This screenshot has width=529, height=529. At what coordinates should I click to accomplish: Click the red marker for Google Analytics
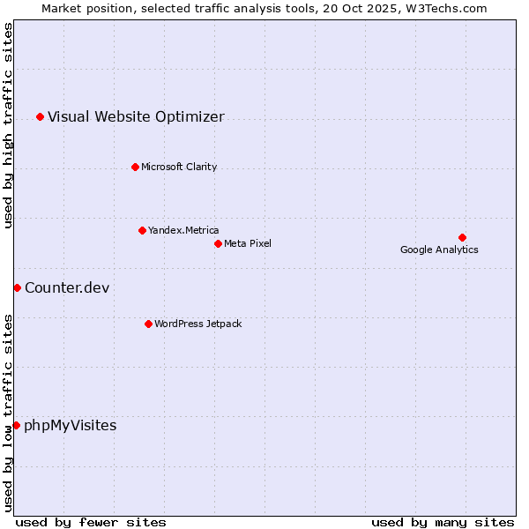click(x=462, y=237)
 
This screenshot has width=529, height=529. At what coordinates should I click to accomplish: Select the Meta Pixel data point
click(x=218, y=243)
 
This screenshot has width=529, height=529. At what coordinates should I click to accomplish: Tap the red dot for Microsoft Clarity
click(x=135, y=167)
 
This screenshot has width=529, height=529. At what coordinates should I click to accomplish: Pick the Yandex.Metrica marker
click(x=142, y=230)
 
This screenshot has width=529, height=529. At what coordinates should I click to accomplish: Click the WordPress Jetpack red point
click(x=148, y=324)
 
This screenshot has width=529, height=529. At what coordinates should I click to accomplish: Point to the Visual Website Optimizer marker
click(x=40, y=116)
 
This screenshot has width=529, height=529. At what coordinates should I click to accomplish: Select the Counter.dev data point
click(x=17, y=287)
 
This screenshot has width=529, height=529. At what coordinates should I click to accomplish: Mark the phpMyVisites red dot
click(x=16, y=425)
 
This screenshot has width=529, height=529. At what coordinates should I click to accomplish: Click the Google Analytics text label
click(x=439, y=250)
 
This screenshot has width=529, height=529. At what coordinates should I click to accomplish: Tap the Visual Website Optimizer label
click(x=136, y=116)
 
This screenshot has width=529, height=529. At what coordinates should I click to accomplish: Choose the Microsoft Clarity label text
click(x=179, y=167)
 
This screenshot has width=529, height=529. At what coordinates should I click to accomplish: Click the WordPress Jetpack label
click(x=197, y=324)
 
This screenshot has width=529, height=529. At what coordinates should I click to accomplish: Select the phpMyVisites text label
click(x=70, y=426)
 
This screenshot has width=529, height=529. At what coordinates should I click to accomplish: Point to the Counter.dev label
click(x=67, y=287)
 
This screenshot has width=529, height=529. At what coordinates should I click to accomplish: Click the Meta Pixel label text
click(x=248, y=243)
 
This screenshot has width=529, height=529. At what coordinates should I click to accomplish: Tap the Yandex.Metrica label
click(x=183, y=230)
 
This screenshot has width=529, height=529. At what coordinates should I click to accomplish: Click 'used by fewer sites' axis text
click(x=91, y=522)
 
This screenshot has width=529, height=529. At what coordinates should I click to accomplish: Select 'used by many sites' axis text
click(x=443, y=522)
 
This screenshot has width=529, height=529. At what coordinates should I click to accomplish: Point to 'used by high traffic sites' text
click(x=9, y=126)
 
